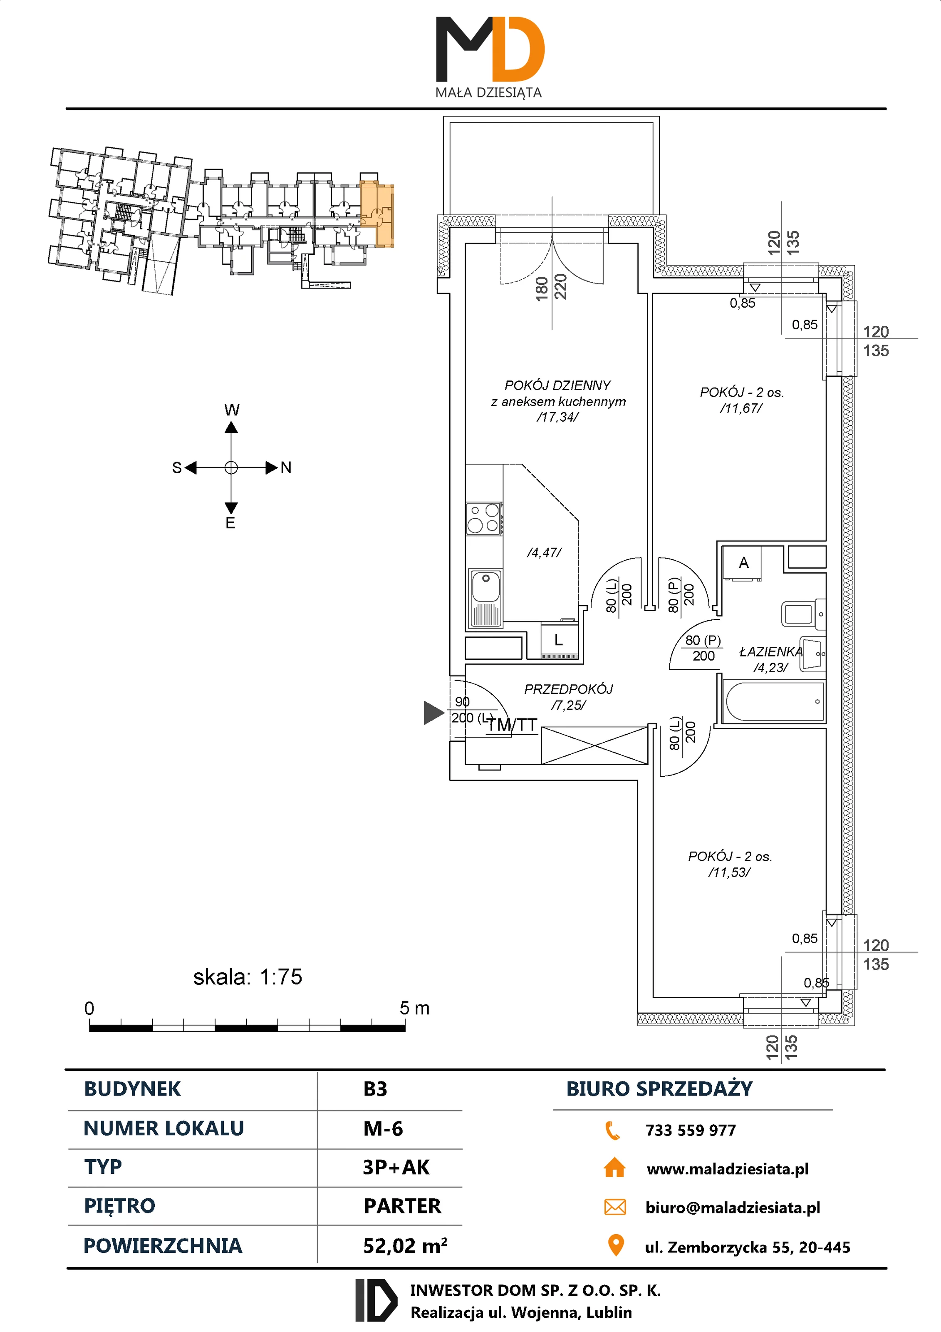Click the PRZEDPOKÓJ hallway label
click(x=568, y=689)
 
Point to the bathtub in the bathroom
click(x=773, y=701)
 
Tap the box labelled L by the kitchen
click(x=559, y=641)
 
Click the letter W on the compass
click(x=231, y=410)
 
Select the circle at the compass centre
click(x=231, y=467)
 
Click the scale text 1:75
click(x=281, y=977)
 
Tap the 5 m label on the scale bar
click(x=414, y=1008)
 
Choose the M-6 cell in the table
click(x=383, y=1129)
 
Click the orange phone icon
click(x=613, y=1130)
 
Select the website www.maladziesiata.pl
click(x=727, y=1169)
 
